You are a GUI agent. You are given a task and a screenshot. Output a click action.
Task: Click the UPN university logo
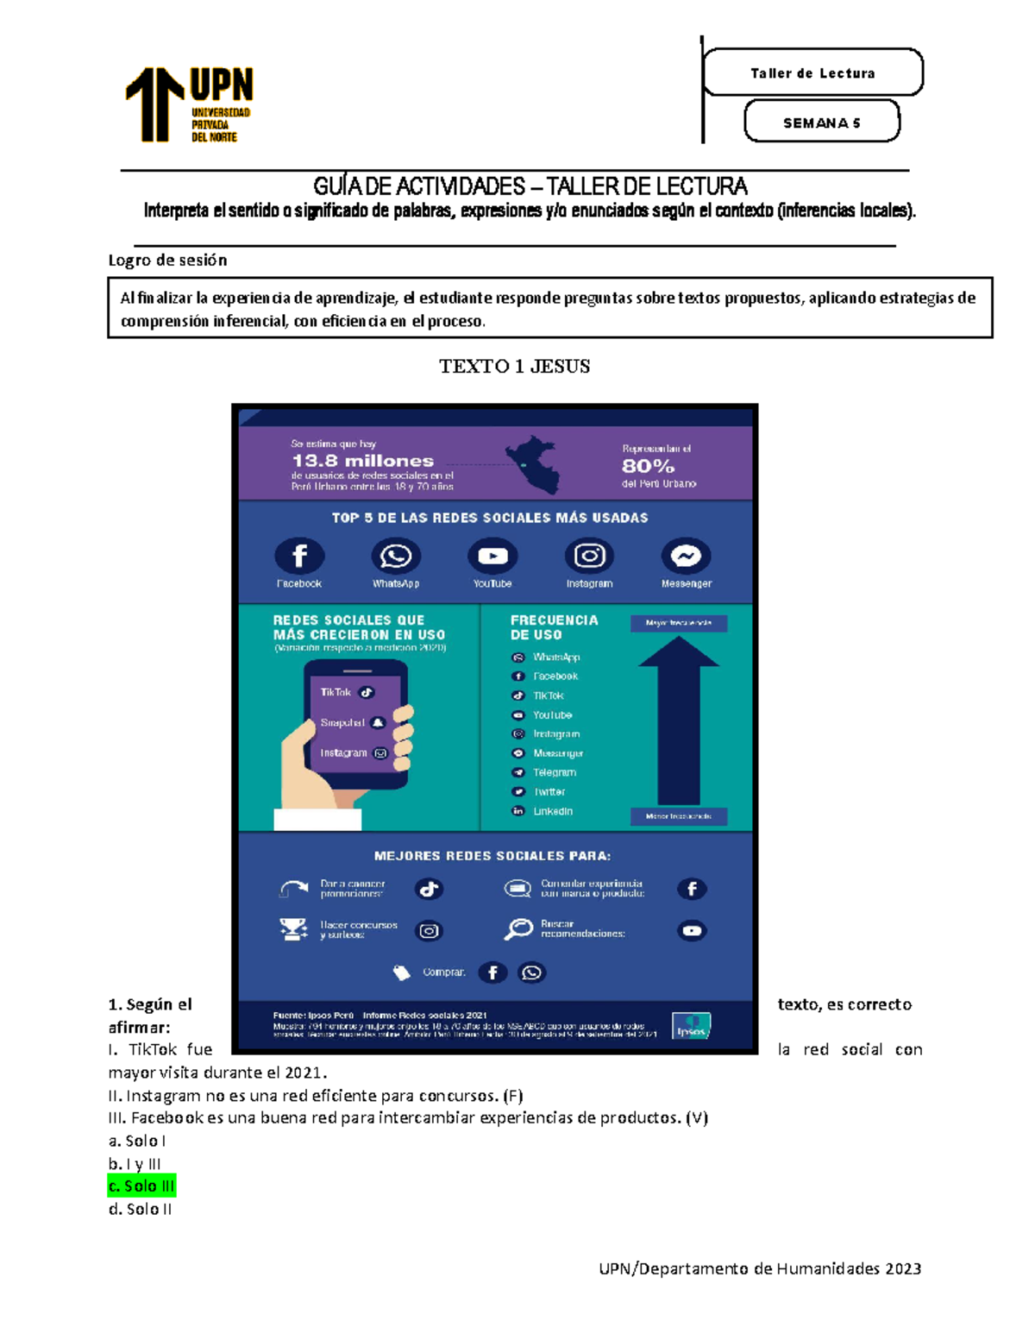point(190,104)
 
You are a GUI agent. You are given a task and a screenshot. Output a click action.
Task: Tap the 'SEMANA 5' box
point(821,123)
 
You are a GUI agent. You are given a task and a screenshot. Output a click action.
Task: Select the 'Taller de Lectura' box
point(812,73)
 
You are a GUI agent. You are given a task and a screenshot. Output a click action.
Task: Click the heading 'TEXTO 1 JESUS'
point(514,367)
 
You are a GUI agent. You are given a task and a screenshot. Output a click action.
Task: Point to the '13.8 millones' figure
point(362,461)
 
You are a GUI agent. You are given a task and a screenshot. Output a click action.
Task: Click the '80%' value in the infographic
point(648,466)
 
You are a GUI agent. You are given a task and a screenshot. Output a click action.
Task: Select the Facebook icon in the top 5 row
point(299,557)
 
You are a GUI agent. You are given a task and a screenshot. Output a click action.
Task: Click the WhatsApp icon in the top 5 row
point(396,557)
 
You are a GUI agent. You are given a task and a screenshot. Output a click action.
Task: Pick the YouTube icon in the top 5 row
point(492,557)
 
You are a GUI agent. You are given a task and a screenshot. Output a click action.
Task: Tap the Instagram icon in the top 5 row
point(589,557)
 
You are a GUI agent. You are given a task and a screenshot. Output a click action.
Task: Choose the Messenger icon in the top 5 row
point(687,557)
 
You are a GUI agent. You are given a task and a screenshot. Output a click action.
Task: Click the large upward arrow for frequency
point(679,720)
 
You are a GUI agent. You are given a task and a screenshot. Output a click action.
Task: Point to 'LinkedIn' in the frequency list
point(552,811)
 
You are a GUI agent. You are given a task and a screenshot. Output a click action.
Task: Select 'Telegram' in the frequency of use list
point(554,772)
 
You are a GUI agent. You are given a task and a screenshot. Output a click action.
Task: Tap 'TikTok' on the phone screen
point(336,692)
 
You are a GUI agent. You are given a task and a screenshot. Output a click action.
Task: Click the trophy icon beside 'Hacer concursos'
point(293,929)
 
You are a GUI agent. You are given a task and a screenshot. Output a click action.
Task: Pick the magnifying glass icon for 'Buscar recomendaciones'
point(518,929)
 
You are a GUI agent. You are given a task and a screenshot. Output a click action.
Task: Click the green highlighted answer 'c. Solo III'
point(141,1186)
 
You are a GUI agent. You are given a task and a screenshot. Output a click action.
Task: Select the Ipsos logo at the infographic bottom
point(692,1027)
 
